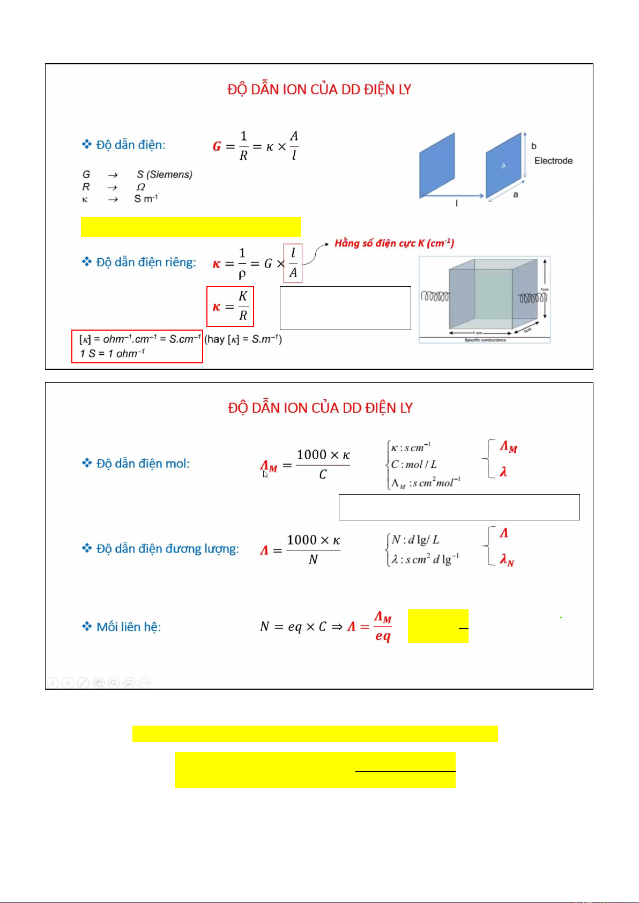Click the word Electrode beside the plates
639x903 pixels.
[x=553, y=161]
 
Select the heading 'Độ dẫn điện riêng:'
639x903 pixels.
[x=146, y=263]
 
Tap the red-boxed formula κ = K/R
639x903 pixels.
[x=230, y=307]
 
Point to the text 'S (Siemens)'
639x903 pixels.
[x=164, y=175]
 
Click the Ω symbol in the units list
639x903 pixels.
[x=140, y=187]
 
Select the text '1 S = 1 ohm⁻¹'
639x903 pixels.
[x=113, y=354]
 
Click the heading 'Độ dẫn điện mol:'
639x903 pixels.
[x=143, y=464]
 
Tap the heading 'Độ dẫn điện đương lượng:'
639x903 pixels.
[x=167, y=549]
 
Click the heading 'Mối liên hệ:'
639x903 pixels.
[x=128, y=627]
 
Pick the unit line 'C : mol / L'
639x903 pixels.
[x=413, y=465]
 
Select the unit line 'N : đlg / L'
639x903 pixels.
[x=415, y=540]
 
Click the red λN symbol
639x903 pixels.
[x=507, y=561]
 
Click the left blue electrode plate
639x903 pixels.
[x=437, y=165]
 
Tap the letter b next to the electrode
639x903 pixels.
[x=533, y=146]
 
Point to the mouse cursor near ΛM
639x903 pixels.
[x=265, y=474]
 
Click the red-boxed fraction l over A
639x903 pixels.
[x=293, y=263]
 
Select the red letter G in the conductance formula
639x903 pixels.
[x=217, y=146]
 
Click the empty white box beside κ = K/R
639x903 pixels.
[x=345, y=308]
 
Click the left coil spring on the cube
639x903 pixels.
[x=435, y=296]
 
